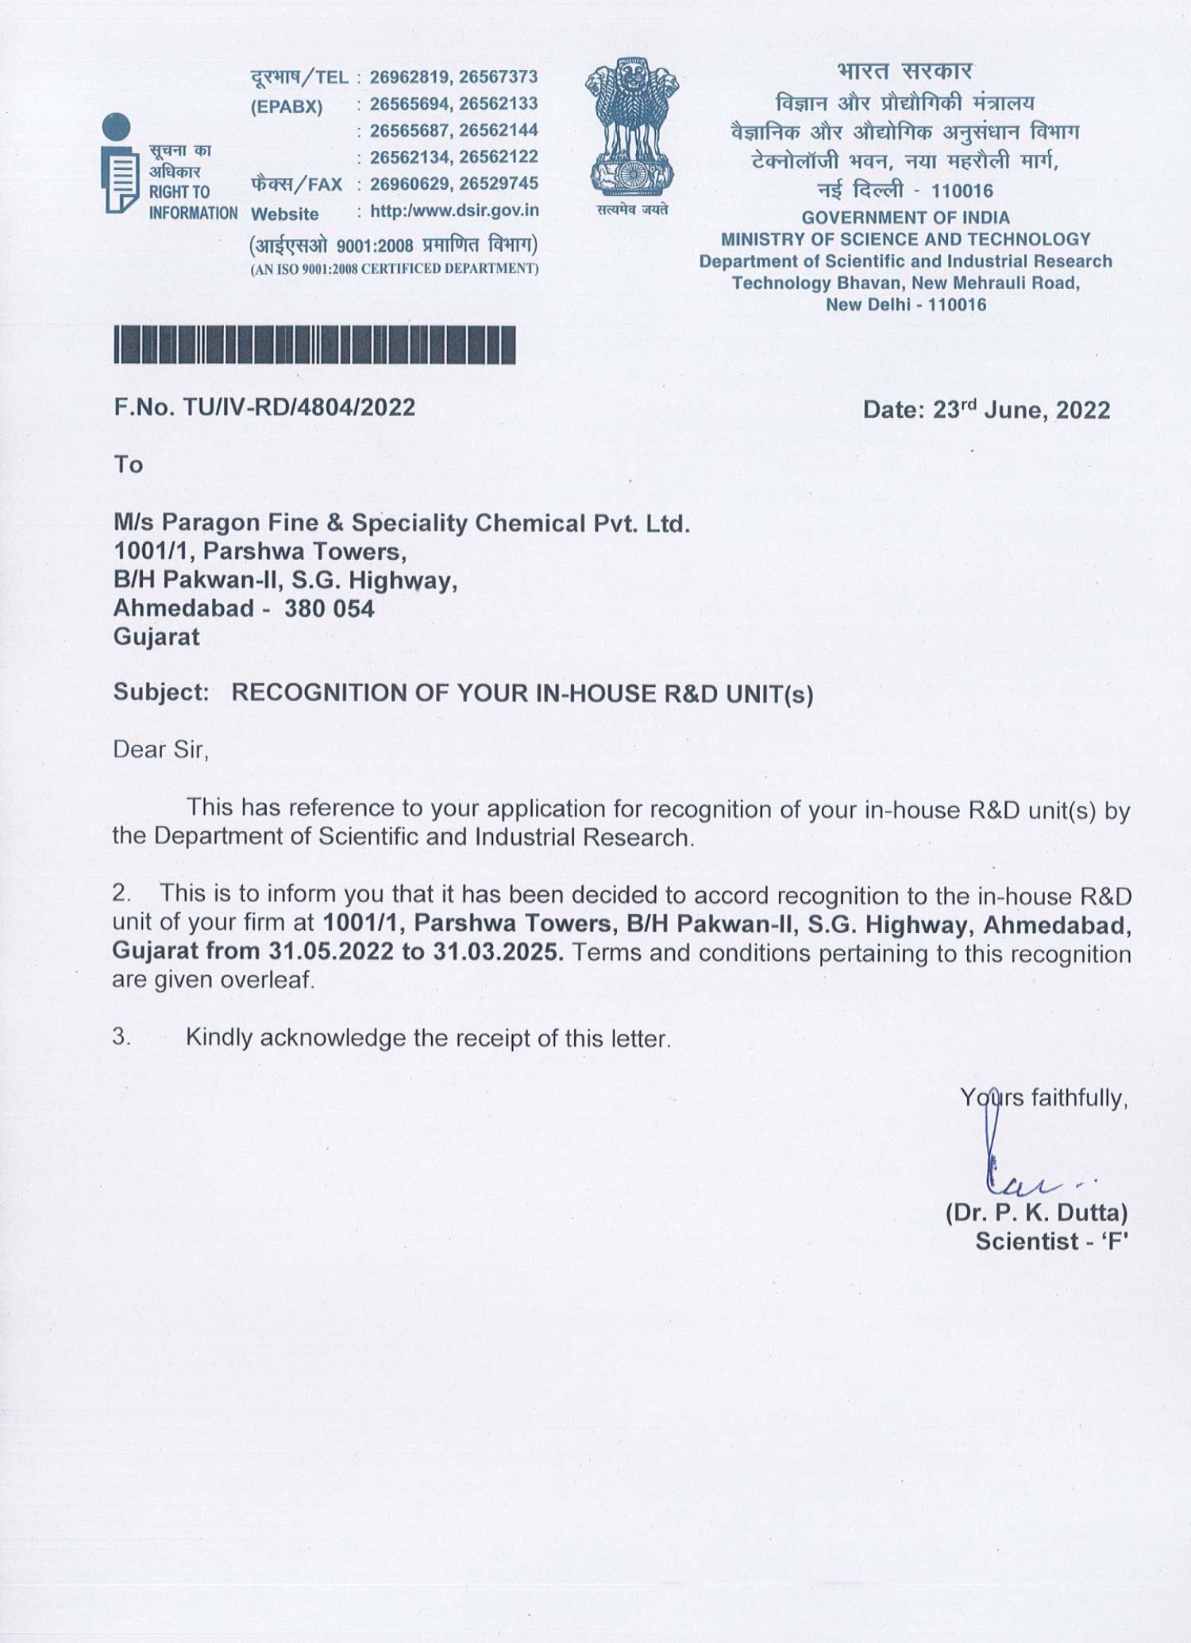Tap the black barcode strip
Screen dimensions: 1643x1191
click(x=314, y=345)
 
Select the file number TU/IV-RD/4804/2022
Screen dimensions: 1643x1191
click(x=299, y=407)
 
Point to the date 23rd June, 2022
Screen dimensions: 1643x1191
click(x=1021, y=410)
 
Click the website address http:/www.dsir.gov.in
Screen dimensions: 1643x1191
click(x=454, y=211)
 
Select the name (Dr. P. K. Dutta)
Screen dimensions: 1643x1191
click(x=1036, y=1213)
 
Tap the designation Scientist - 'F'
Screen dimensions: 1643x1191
click(x=1051, y=1241)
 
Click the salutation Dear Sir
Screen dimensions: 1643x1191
click(x=160, y=750)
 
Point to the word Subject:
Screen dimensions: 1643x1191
click(x=161, y=692)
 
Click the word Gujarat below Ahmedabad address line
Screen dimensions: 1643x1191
click(x=156, y=637)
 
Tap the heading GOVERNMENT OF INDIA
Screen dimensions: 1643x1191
click(x=905, y=218)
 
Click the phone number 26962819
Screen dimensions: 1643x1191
click(x=410, y=77)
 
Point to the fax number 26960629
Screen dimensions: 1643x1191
click(x=410, y=184)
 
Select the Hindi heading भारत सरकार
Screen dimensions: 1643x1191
click(x=904, y=71)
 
